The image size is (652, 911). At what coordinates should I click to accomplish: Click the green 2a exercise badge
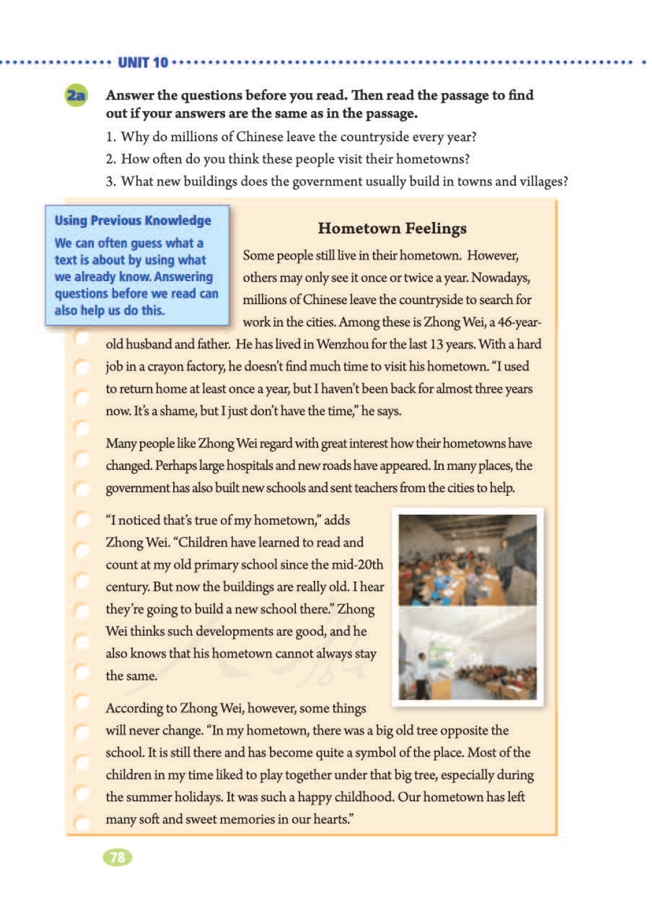(x=76, y=95)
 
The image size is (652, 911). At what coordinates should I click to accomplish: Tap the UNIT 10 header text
(x=143, y=63)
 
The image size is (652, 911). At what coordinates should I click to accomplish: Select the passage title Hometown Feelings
(x=392, y=228)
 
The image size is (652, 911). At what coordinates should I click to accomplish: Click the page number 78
(x=118, y=857)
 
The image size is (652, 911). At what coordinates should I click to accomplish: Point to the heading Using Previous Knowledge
(x=133, y=220)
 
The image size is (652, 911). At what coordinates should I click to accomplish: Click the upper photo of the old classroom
(x=467, y=559)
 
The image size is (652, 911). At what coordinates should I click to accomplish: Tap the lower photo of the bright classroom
(x=467, y=653)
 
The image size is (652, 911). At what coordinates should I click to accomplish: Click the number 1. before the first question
(x=110, y=137)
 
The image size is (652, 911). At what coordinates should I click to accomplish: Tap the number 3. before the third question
(x=110, y=182)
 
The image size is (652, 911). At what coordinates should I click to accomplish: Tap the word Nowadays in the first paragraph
(x=500, y=278)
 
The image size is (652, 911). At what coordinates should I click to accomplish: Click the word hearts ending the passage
(x=331, y=819)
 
